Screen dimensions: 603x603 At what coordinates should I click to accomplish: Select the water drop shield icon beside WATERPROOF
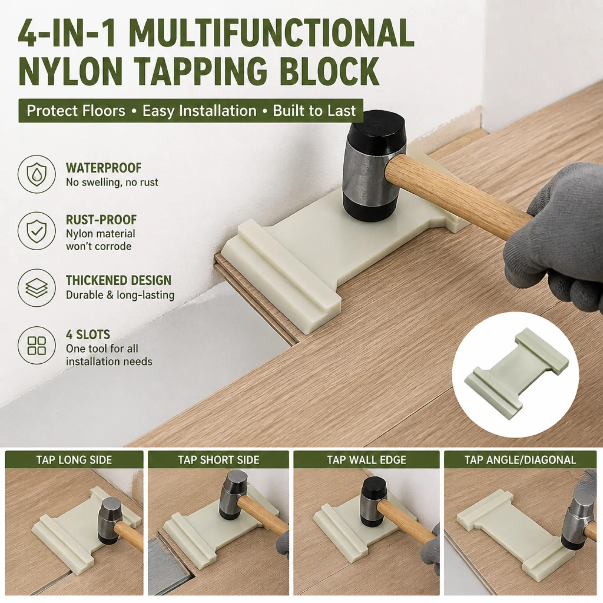37,174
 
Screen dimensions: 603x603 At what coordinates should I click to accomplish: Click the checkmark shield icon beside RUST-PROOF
37,231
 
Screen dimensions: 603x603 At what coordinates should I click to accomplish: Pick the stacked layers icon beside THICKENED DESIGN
37,288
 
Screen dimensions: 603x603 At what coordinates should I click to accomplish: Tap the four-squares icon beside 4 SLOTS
37,345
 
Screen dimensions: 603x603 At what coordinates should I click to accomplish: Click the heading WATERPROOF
104,168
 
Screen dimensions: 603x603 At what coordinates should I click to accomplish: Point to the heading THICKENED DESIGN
119,280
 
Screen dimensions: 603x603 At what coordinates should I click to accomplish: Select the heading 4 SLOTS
88,335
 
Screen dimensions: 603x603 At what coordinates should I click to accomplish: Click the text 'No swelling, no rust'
112,182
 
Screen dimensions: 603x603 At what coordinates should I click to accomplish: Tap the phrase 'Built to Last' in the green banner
314,111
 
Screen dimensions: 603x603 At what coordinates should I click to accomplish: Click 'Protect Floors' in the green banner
76,111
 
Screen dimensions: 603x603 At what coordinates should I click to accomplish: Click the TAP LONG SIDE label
74,460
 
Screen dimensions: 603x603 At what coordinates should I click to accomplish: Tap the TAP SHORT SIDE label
219,460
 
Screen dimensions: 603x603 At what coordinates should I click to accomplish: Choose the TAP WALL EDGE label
367,460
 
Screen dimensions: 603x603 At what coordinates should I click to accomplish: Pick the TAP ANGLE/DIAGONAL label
520,460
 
